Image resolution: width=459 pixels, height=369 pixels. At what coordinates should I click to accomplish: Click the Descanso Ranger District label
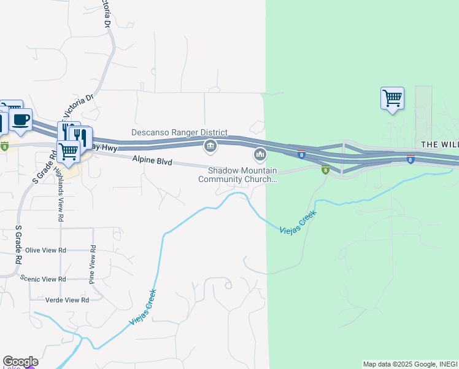click(179, 132)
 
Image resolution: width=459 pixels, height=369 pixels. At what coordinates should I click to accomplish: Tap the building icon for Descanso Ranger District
click(210, 145)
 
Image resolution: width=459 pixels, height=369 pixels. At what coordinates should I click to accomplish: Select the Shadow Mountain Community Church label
click(237, 175)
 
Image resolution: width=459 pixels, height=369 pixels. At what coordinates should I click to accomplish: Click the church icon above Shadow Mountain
click(260, 153)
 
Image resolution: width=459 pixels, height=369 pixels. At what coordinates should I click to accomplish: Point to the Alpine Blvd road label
click(152, 161)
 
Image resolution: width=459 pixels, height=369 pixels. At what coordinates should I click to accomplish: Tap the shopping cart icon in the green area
click(392, 98)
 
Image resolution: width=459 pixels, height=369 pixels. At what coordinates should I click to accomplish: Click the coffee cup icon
click(20, 120)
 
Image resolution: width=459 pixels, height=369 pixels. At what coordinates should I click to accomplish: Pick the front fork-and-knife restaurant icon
click(80, 136)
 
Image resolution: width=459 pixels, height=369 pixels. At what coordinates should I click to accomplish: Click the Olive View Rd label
click(45, 250)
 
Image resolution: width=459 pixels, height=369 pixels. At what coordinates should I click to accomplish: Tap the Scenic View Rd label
click(43, 279)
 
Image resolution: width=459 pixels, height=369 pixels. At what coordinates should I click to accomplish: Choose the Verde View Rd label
click(67, 300)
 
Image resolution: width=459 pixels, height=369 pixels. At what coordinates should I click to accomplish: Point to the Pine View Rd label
click(93, 264)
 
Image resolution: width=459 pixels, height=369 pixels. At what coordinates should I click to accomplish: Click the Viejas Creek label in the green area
click(298, 224)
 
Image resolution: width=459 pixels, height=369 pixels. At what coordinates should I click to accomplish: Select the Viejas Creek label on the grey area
click(143, 307)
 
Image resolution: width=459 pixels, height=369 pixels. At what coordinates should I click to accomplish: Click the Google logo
click(20, 362)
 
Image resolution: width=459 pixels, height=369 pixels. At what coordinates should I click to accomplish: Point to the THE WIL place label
click(439, 143)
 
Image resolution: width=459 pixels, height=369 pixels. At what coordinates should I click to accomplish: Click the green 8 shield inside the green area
click(325, 170)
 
